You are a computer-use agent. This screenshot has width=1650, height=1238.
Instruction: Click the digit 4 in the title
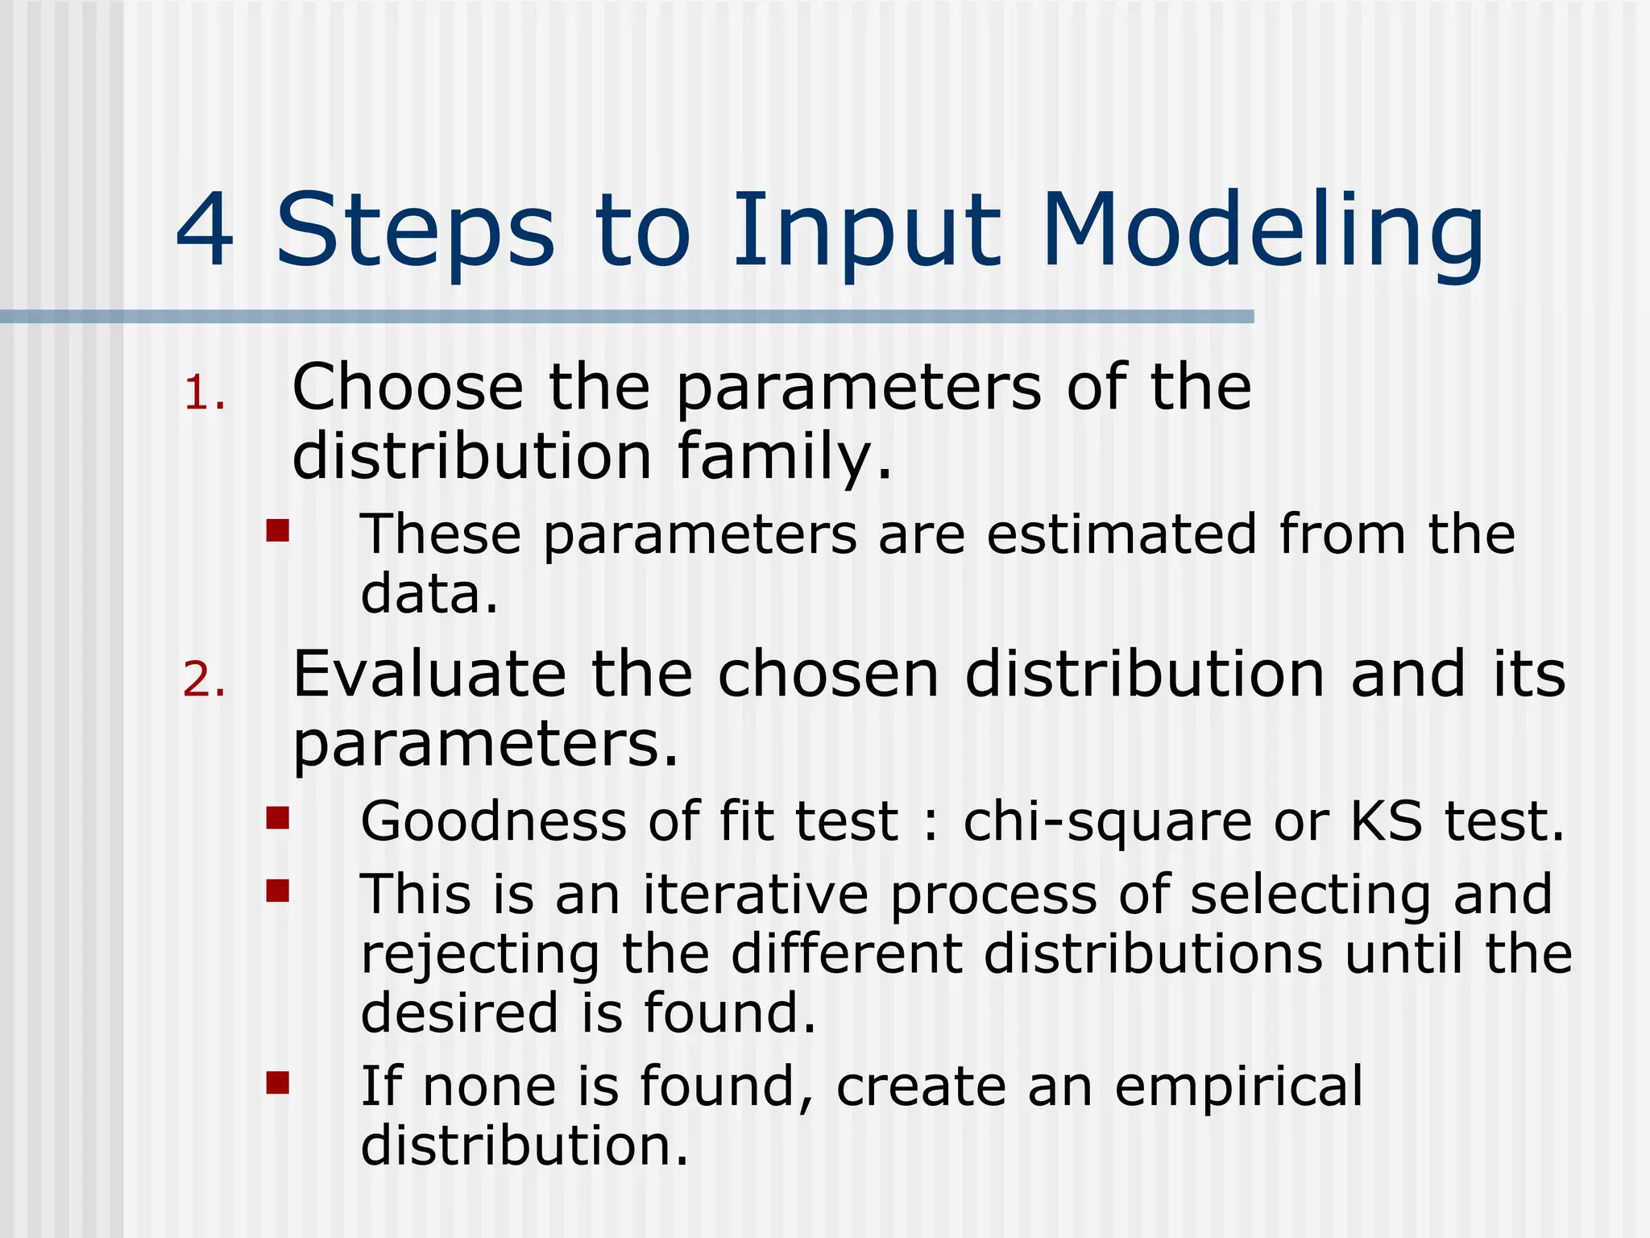click(x=206, y=231)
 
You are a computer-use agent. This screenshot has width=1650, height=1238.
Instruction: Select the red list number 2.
click(x=202, y=680)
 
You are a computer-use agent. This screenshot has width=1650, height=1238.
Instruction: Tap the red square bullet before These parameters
click(x=278, y=531)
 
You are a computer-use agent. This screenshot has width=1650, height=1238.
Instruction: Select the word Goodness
click(x=493, y=821)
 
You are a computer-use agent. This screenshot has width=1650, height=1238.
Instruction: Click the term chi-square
click(x=1107, y=823)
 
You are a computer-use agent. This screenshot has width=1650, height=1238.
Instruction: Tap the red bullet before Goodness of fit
click(x=278, y=819)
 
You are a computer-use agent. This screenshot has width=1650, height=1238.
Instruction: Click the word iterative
click(x=755, y=895)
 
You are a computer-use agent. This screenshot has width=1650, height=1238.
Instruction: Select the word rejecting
click(x=480, y=956)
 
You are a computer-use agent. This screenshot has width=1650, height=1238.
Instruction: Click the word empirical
click(x=1238, y=1087)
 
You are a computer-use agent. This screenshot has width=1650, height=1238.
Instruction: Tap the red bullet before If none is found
click(x=278, y=1083)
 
